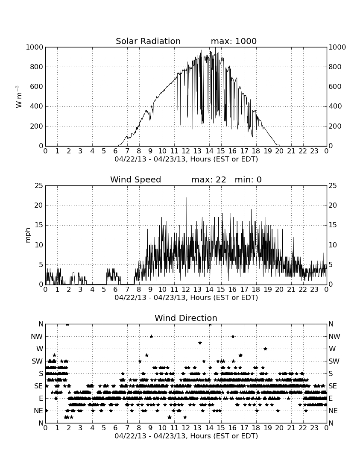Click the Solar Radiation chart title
click(148, 41)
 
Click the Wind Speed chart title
click(135, 179)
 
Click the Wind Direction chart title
click(186, 318)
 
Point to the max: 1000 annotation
click(234, 41)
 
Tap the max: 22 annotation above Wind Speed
click(208, 179)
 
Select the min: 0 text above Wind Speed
click(248, 179)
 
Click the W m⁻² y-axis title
click(18, 97)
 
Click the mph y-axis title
click(28, 235)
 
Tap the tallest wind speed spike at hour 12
click(186, 197)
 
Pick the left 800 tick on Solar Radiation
click(36, 67)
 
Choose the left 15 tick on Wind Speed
click(39, 225)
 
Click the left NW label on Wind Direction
click(37, 337)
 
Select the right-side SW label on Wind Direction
click(334, 361)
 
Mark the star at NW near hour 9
click(151, 336)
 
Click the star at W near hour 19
click(265, 349)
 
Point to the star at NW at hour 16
click(233, 336)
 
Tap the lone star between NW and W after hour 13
click(200, 343)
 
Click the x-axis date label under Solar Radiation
click(186, 159)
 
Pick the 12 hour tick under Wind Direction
click(186, 428)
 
